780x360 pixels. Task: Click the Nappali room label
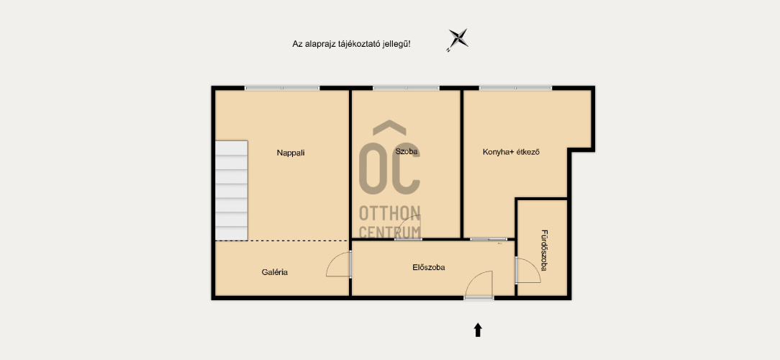coord(291,153)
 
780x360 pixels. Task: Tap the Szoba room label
coord(407,151)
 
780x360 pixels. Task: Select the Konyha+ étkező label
coord(511,152)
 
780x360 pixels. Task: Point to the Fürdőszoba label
coord(544,250)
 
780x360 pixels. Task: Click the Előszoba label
coord(428,267)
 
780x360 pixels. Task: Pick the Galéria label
coord(275,272)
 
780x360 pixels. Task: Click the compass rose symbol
coord(457,40)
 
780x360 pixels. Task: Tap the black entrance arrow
coord(478,330)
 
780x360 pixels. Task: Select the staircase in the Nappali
coord(232,191)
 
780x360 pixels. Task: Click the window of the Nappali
coord(282,88)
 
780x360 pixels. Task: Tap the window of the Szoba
coord(406,88)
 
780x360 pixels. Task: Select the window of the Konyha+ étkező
coord(515,88)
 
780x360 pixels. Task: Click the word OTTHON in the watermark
coord(390,213)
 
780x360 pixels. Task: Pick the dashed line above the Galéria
coord(281,241)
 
